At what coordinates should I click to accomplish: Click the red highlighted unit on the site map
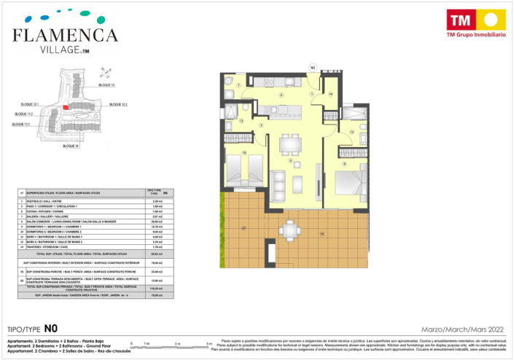(66, 107)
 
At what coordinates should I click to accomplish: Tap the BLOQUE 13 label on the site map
(106, 85)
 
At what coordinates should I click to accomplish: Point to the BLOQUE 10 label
(71, 146)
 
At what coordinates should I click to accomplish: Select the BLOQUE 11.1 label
(22, 125)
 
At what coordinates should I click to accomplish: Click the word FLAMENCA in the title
(65, 35)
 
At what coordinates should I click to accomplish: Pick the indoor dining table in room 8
(290, 144)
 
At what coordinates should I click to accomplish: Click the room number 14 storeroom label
(330, 94)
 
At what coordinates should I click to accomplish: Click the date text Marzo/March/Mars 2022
(462, 329)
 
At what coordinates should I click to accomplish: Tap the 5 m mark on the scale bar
(209, 343)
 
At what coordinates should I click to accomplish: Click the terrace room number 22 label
(244, 228)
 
